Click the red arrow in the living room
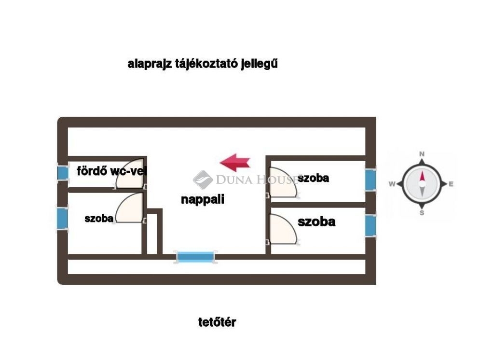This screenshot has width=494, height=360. [235, 163]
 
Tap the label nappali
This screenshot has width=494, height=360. [203, 199]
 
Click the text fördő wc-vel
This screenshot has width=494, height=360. [111, 171]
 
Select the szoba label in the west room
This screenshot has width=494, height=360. [99, 218]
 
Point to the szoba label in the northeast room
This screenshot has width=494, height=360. [313, 178]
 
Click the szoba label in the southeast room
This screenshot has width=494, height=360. [316, 222]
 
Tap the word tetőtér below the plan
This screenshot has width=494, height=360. [217, 322]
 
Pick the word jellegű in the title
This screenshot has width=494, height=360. [259, 64]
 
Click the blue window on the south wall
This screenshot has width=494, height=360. [195, 257]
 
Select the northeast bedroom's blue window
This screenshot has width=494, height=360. [370, 180]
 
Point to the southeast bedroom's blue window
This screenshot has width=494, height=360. [370, 225]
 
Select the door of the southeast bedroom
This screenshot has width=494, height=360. [282, 230]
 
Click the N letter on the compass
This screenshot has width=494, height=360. [422, 154]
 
